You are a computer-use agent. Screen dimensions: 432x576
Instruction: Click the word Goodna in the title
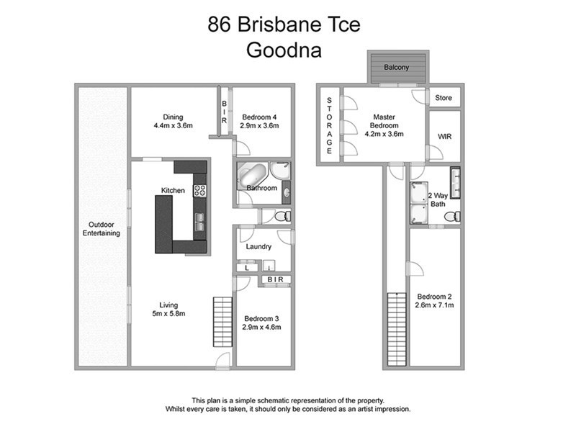(x=284, y=51)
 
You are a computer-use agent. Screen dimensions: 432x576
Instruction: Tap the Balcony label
(x=397, y=67)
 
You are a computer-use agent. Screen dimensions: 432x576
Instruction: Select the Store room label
(x=443, y=97)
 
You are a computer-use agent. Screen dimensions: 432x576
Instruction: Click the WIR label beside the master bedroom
(x=444, y=135)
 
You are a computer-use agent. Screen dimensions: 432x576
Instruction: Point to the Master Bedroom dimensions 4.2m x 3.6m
(x=384, y=133)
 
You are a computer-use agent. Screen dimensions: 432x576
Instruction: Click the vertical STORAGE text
(x=329, y=125)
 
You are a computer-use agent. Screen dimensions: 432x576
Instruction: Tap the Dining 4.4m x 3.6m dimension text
(x=173, y=125)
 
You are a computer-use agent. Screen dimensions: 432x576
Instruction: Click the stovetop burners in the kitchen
(x=200, y=191)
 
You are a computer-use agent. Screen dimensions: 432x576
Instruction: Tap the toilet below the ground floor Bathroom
(x=282, y=216)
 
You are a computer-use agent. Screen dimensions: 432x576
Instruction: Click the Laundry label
(x=258, y=247)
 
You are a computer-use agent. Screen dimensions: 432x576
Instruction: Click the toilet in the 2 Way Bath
(x=451, y=216)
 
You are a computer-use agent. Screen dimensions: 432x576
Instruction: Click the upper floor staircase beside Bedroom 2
(x=394, y=328)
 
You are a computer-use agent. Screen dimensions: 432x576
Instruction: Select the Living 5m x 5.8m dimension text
(x=169, y=314)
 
